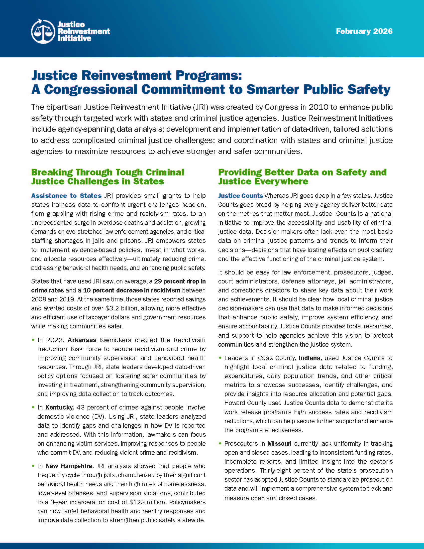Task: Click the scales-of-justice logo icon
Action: point(43,31)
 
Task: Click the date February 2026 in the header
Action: point(364,31)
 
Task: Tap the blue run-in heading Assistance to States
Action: point(66,196)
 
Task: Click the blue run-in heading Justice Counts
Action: point(240,196)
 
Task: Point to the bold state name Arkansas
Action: point(82,340)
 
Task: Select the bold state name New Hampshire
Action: point(69,466)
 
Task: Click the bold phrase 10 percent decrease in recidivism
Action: point(132,290)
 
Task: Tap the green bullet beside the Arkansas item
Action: point(33,340)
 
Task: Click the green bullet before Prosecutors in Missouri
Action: point(220,443)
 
